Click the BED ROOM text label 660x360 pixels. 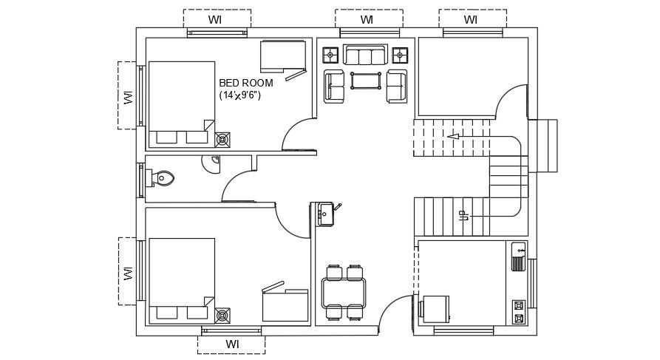point(247,82)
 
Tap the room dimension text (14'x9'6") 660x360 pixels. point(240,95)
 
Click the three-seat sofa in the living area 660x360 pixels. point(365,55)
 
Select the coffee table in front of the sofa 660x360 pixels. point(365,80)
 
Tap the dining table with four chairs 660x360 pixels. point(344,292)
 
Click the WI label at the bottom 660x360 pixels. point(232,344)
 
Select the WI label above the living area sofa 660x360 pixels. point(367,18)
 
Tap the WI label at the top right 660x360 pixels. point(471,18)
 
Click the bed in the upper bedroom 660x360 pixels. point(181,103)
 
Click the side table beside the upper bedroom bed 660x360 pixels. point(222,138)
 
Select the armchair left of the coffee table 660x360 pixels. point(334,86)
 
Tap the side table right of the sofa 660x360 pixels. point(400,54)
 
